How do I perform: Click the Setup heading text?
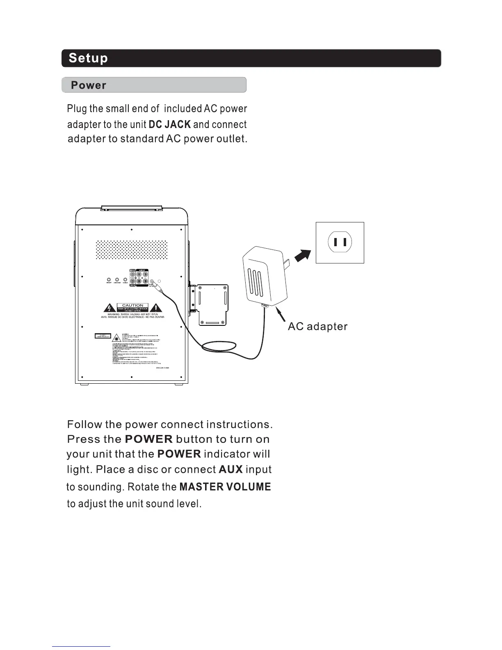88,58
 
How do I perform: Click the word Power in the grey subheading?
89,85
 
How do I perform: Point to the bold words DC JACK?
169,124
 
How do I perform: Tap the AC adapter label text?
317,327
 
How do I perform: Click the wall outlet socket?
340,243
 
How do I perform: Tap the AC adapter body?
265,275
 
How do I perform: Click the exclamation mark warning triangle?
157,308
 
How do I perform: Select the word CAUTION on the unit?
133,305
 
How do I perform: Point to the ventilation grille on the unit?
132,249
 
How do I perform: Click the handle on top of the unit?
132,208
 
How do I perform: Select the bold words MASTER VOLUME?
225,487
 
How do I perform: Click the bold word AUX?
231,469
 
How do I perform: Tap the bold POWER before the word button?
148,439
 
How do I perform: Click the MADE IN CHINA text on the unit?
163,368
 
